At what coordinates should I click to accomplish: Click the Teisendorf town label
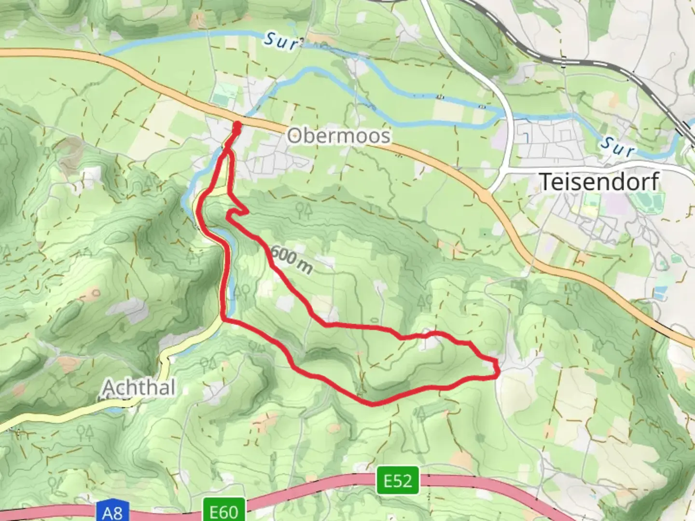(599, 182)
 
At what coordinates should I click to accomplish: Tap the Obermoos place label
(338, 136)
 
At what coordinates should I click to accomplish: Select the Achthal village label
(139, 387)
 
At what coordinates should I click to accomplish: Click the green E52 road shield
(398, 481)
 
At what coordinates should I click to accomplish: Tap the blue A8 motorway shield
(112, 512)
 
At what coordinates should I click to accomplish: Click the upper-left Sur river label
(281, 41)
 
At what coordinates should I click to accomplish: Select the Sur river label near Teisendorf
(617, 146)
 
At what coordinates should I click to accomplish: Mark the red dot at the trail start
(237, 126)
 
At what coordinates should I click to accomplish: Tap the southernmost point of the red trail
(372, 404)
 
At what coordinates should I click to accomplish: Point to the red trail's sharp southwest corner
(223, 318)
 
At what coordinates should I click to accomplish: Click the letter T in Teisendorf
(546, 182)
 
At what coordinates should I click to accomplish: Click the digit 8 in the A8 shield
(117, 512)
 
